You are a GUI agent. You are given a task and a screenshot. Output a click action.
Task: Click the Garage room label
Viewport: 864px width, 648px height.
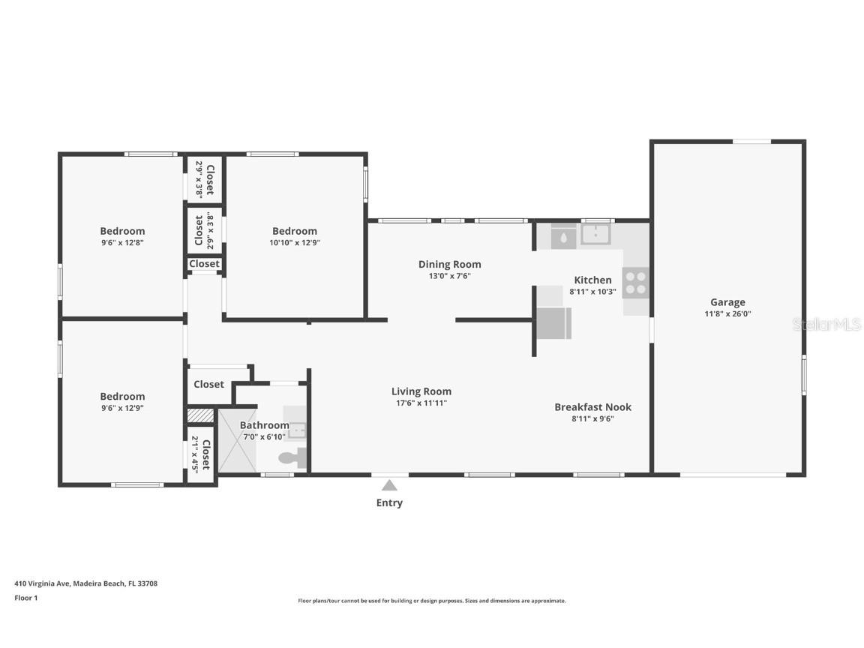point(727,302)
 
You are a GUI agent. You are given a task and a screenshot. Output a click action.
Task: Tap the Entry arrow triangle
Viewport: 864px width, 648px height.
point(389,485)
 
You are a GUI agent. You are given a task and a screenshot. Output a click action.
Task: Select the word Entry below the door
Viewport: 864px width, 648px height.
point(389,503)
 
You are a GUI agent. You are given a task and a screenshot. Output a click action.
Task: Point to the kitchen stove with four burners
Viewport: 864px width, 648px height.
point(636,283)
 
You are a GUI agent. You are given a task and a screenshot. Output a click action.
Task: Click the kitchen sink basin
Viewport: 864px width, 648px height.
point(595,235)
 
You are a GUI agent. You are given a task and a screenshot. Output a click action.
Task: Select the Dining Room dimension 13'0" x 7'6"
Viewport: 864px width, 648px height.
point(449,276)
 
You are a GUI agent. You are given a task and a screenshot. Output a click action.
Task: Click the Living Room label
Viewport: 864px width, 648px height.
point(421,391)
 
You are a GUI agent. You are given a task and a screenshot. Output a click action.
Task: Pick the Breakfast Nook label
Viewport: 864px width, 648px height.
point(592,406)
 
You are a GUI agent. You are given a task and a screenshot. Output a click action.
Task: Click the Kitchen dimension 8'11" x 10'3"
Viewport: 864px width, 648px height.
point(592,292)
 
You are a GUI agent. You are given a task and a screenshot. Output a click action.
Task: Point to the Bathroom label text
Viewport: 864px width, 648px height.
point(264,425)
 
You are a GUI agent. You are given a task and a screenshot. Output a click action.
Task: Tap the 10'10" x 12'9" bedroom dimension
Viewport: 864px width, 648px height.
point(294,243)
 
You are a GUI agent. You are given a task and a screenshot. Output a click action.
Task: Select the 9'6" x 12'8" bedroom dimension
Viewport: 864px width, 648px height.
point(122,243)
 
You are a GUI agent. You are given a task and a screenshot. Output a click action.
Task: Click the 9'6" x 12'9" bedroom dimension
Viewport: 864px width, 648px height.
point(122,408)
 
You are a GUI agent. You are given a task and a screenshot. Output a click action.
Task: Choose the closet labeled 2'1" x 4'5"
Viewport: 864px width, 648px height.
point(201,454)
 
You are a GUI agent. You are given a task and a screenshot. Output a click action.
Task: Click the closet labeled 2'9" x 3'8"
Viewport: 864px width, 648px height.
point(205,179)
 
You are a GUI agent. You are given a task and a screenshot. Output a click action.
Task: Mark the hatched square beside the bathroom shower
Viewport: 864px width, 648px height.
point(200,415)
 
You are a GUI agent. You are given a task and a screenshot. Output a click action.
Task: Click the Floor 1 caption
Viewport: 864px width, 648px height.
point(25,598)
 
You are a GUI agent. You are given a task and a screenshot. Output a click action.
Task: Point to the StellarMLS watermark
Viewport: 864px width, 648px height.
point(827,325)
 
